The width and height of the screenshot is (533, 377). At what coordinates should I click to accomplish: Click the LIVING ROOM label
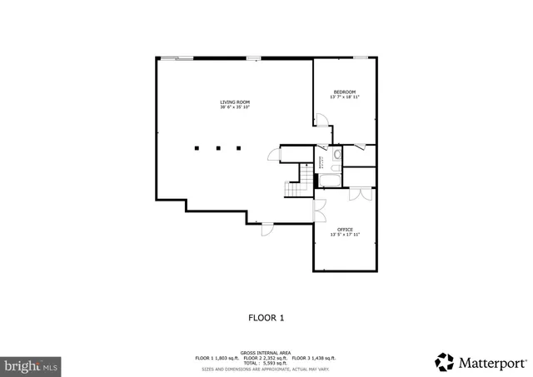point(235,102)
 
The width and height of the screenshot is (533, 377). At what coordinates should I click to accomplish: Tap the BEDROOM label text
point(345,92)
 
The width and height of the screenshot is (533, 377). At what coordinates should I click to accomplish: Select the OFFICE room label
point(345,230)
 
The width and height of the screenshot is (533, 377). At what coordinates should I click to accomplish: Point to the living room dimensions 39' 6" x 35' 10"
point(235,107)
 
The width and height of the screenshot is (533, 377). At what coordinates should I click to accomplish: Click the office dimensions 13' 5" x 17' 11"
point(345,236)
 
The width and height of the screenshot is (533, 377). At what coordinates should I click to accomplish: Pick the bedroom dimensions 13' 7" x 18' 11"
point(345,97)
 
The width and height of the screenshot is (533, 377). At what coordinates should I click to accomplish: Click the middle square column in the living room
point(218,149)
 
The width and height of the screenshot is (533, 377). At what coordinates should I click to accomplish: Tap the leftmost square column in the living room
point(197,149)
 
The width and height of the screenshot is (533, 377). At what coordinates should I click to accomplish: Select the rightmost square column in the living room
point(239,149)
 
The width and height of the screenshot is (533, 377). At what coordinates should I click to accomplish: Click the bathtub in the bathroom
point(329,181)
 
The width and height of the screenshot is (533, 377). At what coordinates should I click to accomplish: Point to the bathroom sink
point(336,155)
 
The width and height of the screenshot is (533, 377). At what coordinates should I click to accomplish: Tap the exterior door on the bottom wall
point(267,229)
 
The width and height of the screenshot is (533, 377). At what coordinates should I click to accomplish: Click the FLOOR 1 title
point(266,317)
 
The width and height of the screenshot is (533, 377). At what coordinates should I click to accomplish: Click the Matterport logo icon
point(445,362)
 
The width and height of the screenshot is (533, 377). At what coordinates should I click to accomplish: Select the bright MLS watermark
point(32,365)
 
